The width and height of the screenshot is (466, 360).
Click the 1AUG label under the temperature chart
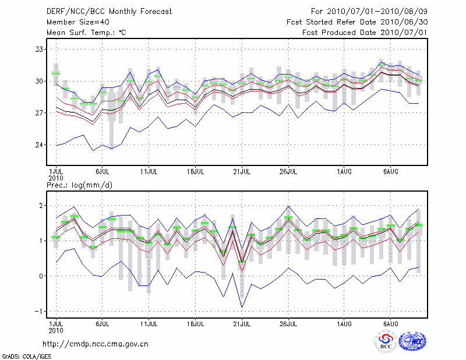344,172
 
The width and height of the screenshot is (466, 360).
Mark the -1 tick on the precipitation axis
38,311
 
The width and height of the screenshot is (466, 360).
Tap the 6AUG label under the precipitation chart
391,323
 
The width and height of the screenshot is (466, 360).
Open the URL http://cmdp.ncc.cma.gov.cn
96,344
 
